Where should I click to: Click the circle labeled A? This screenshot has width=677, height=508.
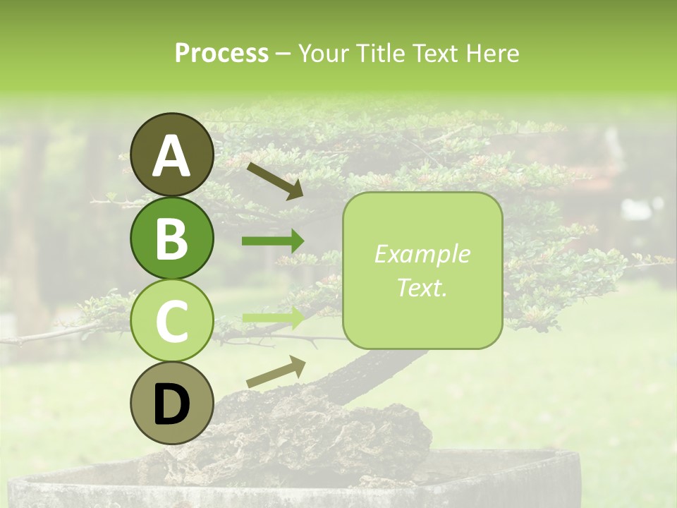(171, 155)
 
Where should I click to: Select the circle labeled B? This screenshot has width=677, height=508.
(171, 238)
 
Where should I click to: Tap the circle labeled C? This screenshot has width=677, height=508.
(171, 321)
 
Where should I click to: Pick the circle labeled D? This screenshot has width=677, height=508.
(171, 404)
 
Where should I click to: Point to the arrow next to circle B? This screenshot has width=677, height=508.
(273, 241)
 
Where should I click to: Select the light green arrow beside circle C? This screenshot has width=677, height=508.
(273, 317)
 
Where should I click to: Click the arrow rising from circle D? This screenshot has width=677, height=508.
(276, 373)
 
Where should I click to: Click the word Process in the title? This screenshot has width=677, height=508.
(221, 54)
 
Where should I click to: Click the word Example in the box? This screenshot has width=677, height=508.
(422, 254)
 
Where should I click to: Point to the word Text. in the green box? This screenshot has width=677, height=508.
(422, 287)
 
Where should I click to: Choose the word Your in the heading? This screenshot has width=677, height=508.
(321, 54)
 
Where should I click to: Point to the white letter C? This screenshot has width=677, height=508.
(171, 321)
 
